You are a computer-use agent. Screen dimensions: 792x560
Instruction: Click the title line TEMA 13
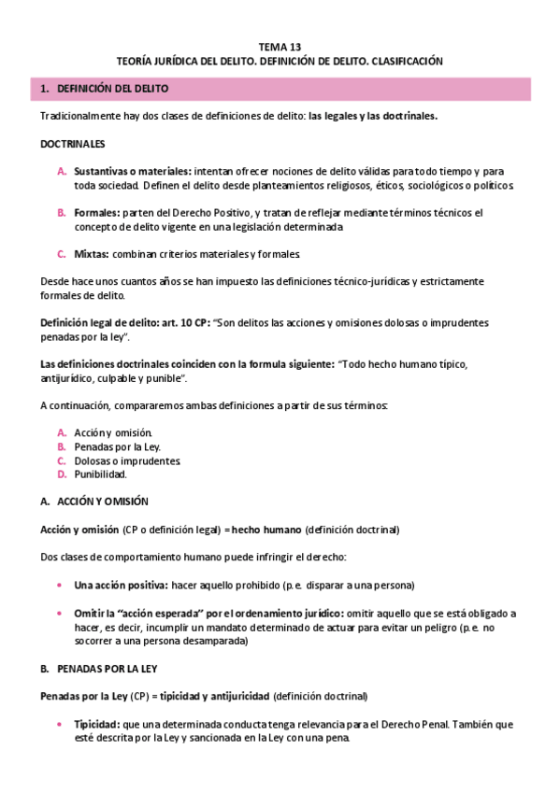(280, 46)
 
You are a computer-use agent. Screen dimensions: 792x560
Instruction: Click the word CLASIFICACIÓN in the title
(407, 60)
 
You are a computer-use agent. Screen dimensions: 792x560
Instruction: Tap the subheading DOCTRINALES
(73, 145)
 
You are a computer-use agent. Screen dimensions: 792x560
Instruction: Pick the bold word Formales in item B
(96, 213)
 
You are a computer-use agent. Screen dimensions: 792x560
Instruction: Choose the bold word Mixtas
(92, 254)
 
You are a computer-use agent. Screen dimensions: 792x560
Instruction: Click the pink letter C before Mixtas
(61, 254)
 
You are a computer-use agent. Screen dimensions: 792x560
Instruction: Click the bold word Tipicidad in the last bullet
(95, 725)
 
